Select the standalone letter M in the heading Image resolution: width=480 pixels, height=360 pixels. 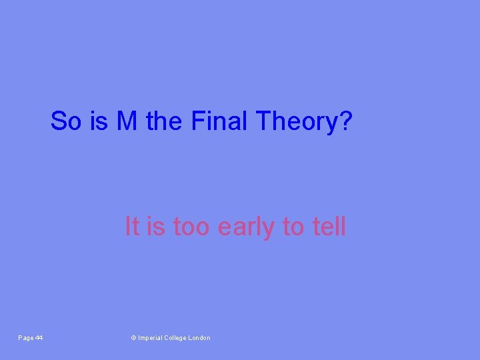tap(127, 121)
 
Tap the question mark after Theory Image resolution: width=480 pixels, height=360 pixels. tap(345, 121)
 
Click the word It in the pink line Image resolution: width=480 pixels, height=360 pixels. tap(132, 227)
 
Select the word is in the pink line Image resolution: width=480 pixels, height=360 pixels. tap(156, 227)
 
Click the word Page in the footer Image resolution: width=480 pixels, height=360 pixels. tap(25, 338)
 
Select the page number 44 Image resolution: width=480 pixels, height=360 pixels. tap(39, 338)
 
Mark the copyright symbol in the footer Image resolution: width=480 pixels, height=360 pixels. tap(133, 338)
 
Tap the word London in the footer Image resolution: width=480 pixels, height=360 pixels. tap(200, 338)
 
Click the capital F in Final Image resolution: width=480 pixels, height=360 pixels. tap(197, 121)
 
